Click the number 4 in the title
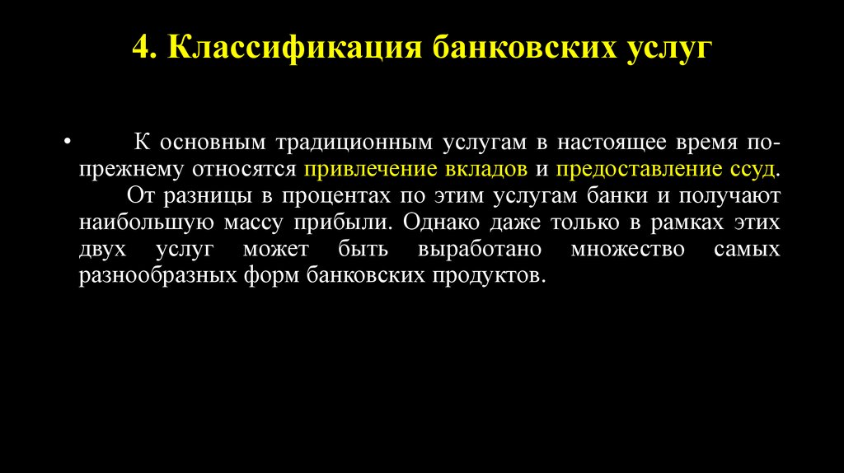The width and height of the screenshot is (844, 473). click(x=141, y=49)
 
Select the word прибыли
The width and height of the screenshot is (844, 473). click(x=359, y=223)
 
